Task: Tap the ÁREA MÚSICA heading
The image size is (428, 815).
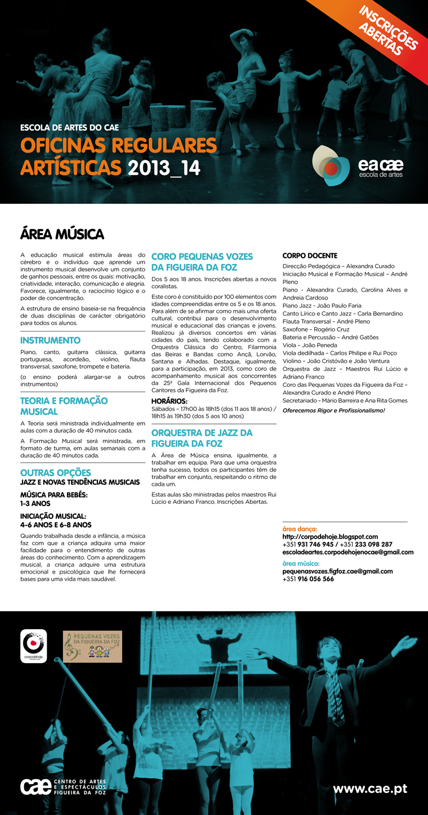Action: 62,234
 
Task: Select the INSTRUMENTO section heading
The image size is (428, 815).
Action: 50,341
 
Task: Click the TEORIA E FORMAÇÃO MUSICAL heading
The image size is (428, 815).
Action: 64,406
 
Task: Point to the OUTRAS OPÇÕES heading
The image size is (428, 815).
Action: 55,472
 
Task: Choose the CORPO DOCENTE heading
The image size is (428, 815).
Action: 310,256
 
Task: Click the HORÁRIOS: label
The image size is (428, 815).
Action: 170,401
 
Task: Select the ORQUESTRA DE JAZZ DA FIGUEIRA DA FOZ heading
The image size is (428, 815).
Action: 202,438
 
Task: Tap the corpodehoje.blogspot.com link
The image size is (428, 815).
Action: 330,537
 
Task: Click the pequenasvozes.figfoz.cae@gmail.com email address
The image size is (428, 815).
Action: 337,571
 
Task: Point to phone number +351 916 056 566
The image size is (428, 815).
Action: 308,579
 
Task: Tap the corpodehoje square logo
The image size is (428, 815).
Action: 34,646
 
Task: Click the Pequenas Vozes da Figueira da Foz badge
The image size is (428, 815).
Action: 92,646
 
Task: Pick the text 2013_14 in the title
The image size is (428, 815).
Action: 164,168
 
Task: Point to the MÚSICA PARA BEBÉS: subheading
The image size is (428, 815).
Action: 54,495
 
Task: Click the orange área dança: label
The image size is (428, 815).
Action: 300,529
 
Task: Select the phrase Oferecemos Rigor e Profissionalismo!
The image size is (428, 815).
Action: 333,410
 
